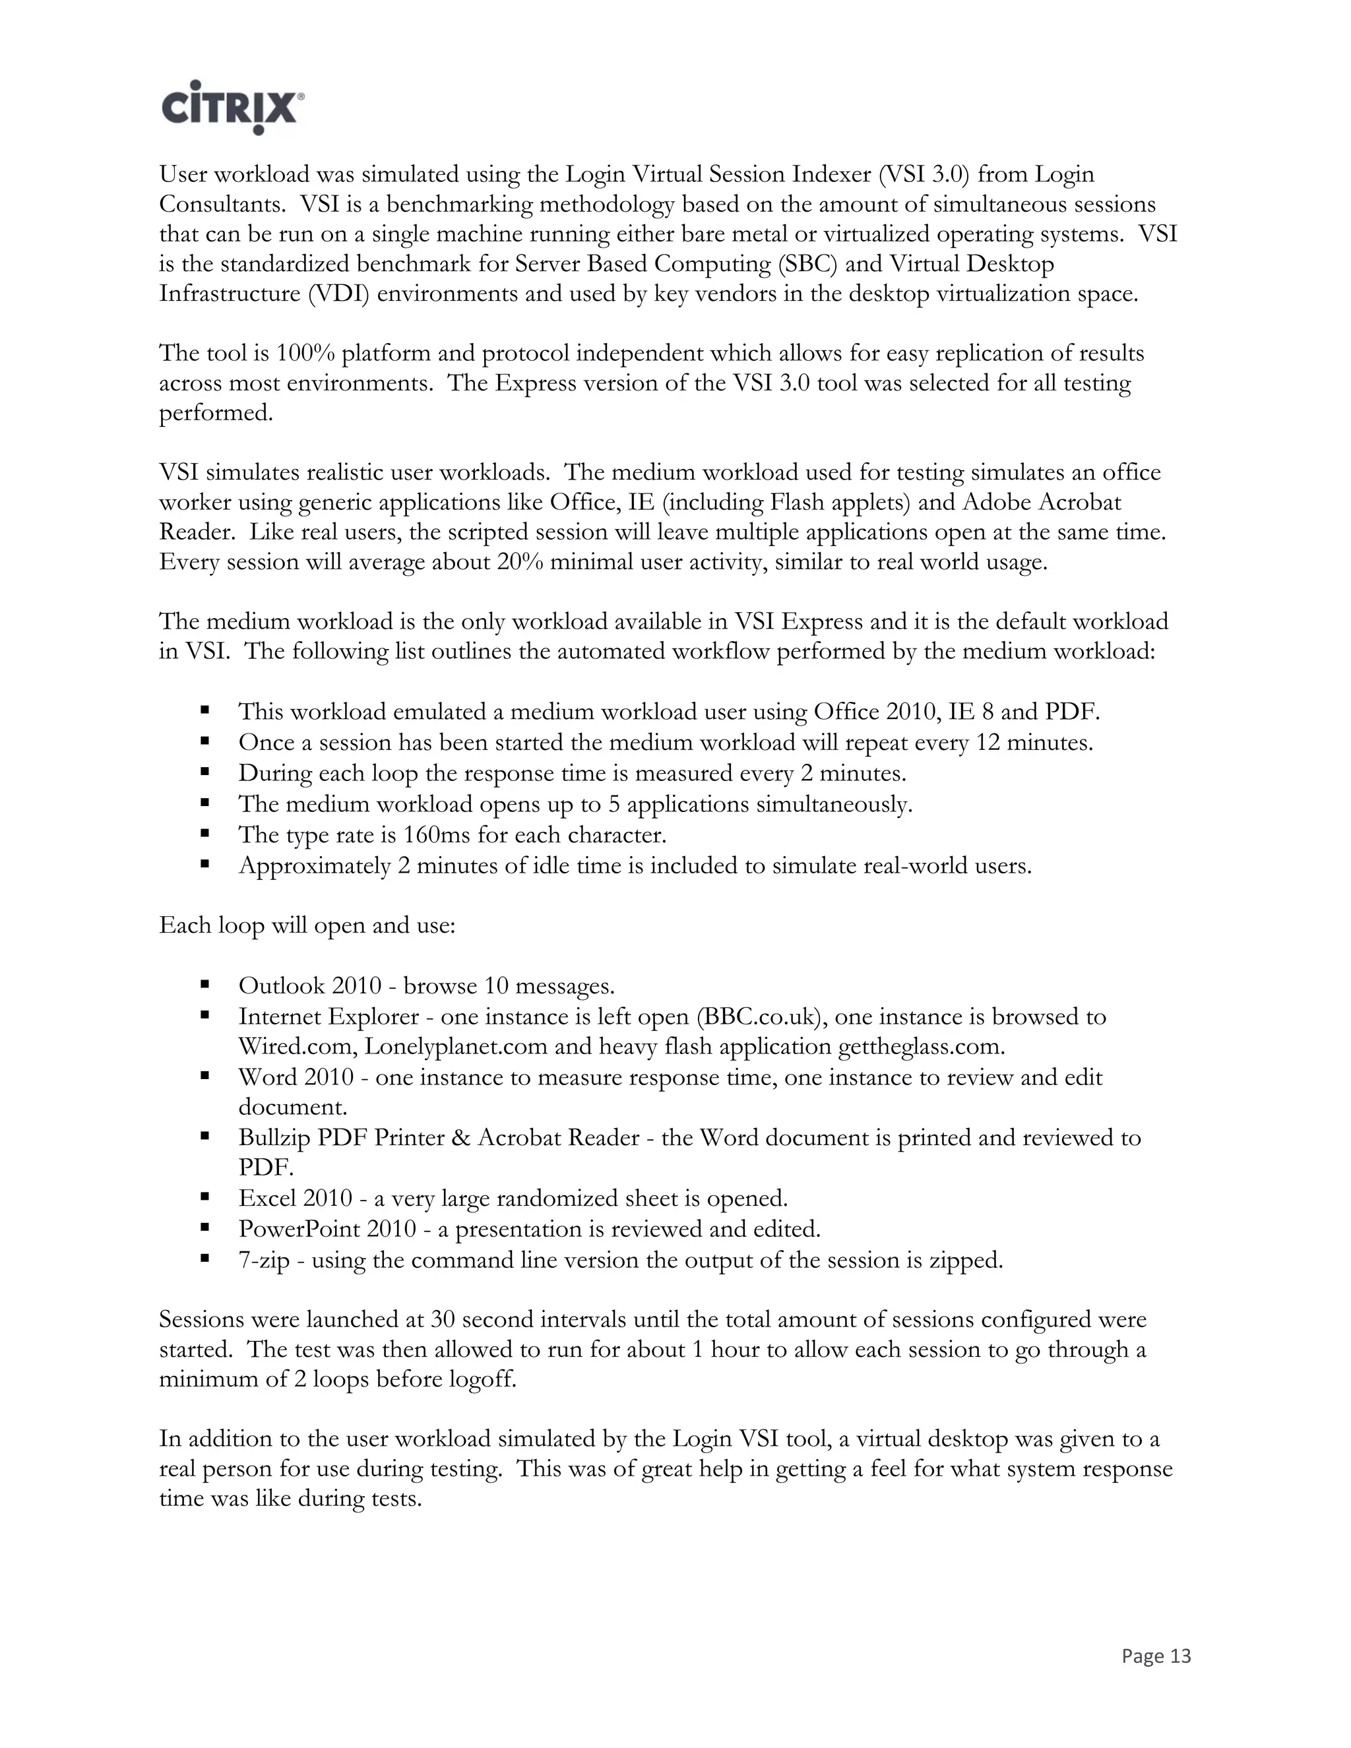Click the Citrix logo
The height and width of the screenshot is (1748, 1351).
tap(232, 106)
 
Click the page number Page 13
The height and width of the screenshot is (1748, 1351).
tap(1156, 1656)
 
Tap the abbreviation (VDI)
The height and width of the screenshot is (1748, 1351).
tap(338, 294)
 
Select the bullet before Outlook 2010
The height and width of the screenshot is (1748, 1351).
tap(206, 983)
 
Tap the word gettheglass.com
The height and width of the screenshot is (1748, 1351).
tap(920, 1046)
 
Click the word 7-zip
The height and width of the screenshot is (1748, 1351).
tap(263, 1260)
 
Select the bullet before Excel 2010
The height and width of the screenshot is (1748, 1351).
tap(206, 1197)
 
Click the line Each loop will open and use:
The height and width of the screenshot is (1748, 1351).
tap(307, 925)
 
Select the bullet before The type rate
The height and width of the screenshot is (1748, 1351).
tap(206, 833)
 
